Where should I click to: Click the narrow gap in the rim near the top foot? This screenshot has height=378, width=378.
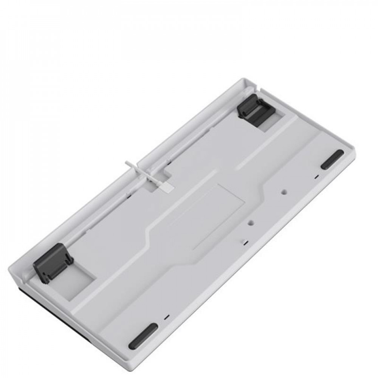(261, 90)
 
